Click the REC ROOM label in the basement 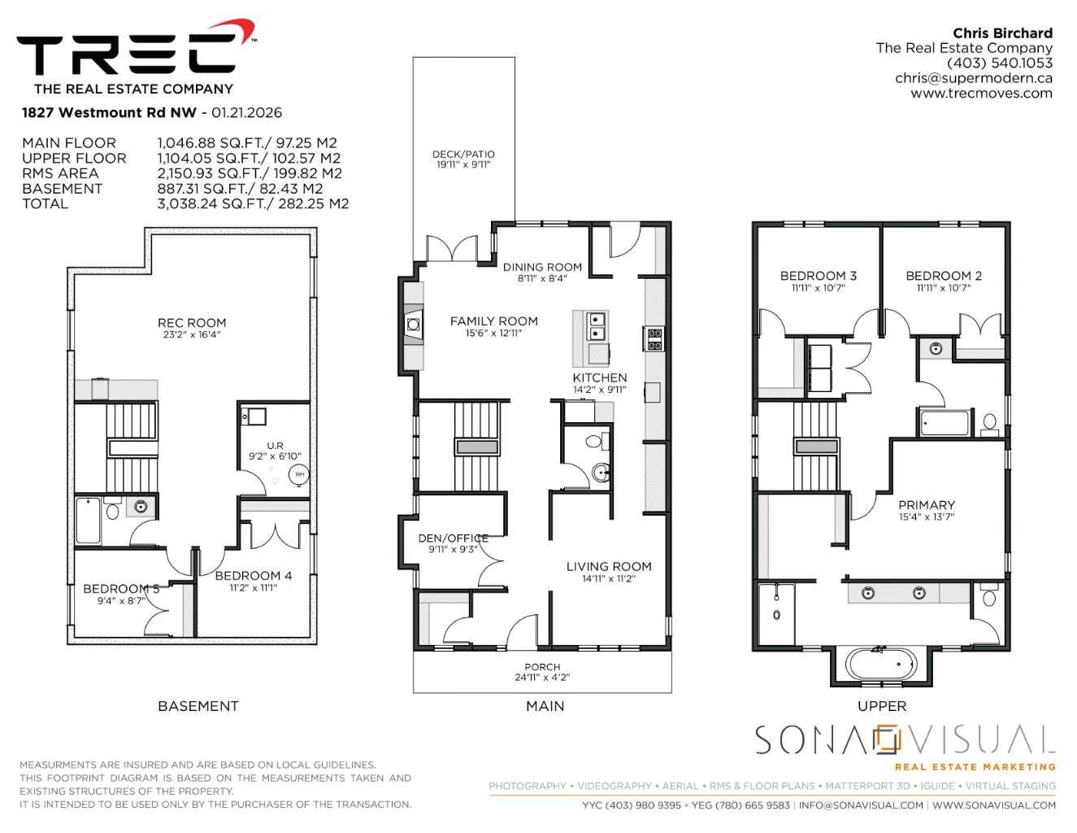tap(192, 323)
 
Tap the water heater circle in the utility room tap(299, 474)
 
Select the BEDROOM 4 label tap(254, 576)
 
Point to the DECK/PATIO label tap(463, 155)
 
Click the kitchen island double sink tap(597, 325)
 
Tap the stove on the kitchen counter tap(654, 338)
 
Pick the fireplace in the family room tap(414, 325)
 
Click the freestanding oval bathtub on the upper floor tap(881, 664)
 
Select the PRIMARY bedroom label tap(927, 505)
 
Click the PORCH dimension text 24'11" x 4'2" tap(542, 678)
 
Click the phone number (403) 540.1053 tap(999, 63)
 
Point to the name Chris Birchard tap(1002, 33)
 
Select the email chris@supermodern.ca tap(974, 78)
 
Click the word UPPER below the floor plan tap(882, 706)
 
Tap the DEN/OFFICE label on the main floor tap(453, 538)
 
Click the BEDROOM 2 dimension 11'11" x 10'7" tap(943, 288)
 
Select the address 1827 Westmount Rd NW tap(109, 112)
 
